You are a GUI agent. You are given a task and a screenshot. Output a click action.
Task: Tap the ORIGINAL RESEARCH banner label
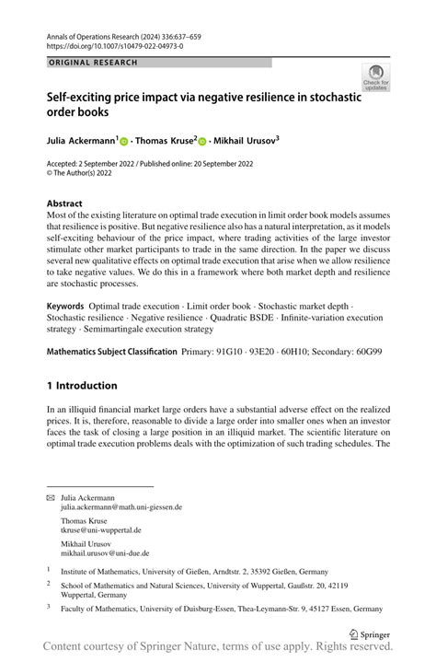[x=93, y=63]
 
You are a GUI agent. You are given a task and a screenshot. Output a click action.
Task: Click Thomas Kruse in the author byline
[x=164, y=142]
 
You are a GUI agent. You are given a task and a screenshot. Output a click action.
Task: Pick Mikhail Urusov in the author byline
[x=242, y=142]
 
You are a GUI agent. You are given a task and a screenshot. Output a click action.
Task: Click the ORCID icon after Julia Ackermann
[x=124, y=143]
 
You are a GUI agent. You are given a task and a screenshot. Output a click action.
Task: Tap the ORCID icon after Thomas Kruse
[x=203, y=143]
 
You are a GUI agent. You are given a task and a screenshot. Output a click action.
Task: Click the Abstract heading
[x=64, y=203]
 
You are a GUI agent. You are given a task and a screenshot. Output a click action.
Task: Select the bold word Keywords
[x=66, y=305]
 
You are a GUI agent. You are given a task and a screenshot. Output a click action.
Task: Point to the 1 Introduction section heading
[x=82, y=386]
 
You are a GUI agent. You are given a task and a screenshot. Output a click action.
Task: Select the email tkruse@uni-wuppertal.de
[x=101, y=530]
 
